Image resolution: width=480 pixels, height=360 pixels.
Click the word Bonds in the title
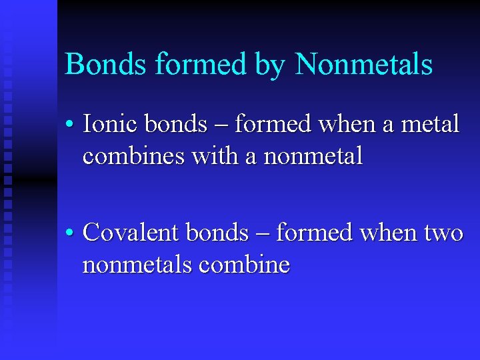point(105,65)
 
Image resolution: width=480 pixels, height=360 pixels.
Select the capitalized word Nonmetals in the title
point(364,65)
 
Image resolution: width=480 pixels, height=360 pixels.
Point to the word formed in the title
point(202,65)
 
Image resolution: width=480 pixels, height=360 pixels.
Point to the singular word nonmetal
point(313,157)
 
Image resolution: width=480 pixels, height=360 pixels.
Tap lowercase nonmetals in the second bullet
point(137,265)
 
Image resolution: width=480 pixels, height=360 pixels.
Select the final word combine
point(245,265)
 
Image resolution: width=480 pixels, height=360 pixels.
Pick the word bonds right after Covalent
point(217,233)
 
